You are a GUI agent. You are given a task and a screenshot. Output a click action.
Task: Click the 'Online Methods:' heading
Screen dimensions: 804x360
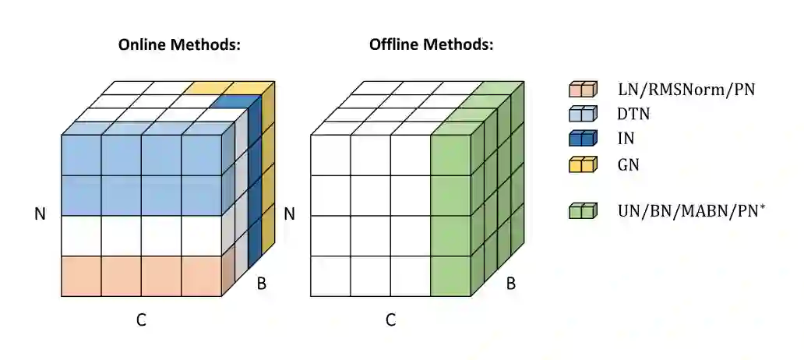(179, 44)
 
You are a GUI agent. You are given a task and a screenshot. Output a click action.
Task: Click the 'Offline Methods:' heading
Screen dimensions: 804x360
(432, 44)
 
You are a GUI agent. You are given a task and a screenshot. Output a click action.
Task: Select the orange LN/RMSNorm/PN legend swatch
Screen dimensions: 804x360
(583, 90)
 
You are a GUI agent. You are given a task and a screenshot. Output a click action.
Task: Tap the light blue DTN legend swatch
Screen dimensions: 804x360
(583, 115)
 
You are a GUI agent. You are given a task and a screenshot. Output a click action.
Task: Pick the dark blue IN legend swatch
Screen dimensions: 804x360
(583, 139)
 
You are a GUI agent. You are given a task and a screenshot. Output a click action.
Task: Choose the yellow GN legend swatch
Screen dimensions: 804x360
(583, 164)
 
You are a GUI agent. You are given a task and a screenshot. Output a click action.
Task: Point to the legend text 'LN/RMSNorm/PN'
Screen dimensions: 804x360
(686, 90)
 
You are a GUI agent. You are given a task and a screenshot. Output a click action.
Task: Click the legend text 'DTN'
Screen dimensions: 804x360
(633, 115)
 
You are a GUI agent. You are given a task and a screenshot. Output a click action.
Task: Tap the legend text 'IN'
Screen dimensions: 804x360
(626, 139)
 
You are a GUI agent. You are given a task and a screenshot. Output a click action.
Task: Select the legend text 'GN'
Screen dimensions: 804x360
(628, 164)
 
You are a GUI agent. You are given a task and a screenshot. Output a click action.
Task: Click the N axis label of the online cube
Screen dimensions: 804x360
(40, 214)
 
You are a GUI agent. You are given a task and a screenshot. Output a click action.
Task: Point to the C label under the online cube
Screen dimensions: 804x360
(141, 319)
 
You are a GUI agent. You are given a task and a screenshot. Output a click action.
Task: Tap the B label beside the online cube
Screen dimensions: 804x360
(262, 284)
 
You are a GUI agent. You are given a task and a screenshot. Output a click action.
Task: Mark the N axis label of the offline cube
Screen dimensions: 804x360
(289, 214)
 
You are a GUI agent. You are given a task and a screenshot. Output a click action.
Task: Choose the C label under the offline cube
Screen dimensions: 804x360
(390, 319)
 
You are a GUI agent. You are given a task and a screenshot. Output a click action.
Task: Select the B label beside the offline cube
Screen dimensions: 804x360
(511, 284)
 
